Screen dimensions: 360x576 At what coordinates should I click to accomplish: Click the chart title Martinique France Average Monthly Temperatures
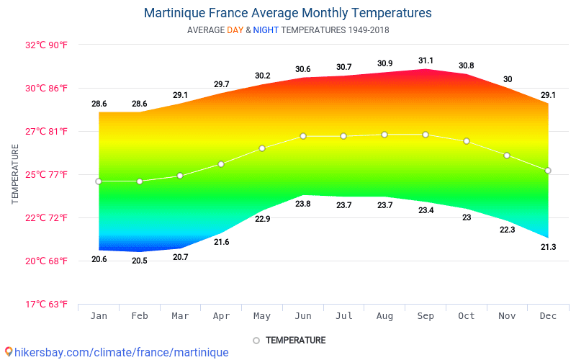288,13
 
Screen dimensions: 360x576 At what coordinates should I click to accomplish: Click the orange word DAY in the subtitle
235,30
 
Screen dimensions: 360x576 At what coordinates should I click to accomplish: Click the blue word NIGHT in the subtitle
266,30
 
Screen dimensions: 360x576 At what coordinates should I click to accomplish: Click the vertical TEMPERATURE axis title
15,174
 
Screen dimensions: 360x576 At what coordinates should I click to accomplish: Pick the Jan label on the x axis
99,317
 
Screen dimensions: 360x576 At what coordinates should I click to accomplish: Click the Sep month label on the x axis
426,317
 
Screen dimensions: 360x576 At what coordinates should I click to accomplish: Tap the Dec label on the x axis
549,317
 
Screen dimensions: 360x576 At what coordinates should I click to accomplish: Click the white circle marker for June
303,136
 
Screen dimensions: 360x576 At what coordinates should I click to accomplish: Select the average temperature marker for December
548,171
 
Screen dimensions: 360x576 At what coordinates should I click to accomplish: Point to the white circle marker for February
140,181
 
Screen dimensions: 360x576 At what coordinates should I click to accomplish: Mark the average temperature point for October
467,141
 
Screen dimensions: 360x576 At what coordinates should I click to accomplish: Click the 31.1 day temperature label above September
426,60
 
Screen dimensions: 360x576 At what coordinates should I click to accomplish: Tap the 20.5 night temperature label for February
140,261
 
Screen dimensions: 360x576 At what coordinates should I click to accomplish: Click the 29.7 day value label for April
221,84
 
